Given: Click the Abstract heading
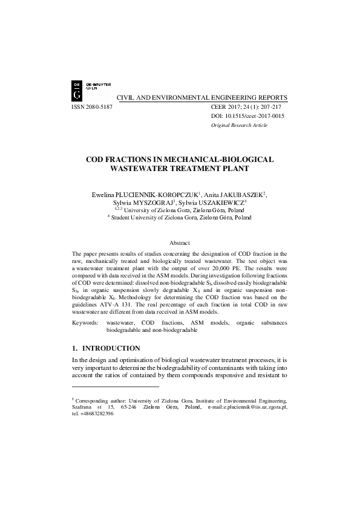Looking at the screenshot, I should pyautogui.click(x=180, y=242).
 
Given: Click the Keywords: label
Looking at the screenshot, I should pyautogui.click(x=85, y=323).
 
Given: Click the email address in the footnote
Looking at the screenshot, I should pyautogui.click(x=254, y=407).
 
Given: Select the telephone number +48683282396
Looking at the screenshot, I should pyautogui.click(x=96, y=415).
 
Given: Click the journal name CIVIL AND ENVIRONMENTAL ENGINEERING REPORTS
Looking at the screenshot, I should pyautogui.click(x=201, y=97).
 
